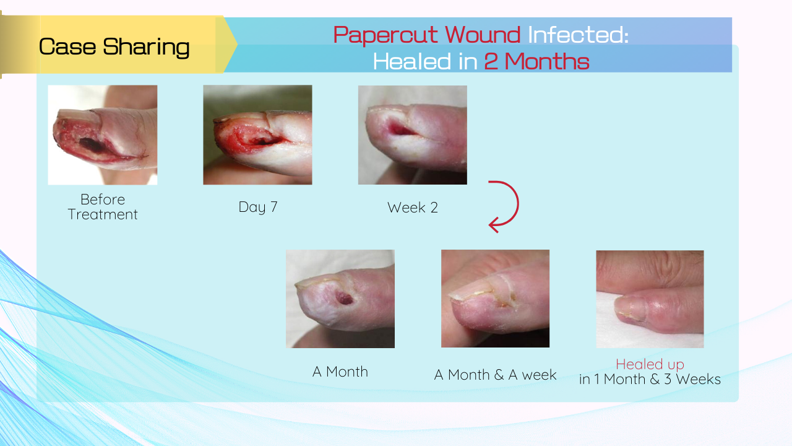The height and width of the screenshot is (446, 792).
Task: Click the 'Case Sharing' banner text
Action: [x=114, y=46]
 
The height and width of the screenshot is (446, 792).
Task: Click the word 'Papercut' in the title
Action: [x=385, y=35]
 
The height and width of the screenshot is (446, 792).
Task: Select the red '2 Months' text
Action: [x=536, y=61]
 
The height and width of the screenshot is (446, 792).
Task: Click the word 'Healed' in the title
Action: [x=412, y=61]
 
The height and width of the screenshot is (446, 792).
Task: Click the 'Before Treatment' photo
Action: [x=103, y=135]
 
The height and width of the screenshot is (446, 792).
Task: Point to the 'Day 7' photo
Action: [x=257, y=135]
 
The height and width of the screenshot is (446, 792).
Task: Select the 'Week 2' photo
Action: [x=413, y=135]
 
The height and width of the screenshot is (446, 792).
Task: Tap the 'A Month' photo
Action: [x=340, y=299]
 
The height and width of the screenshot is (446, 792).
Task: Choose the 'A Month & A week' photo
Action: [x=495, y=299]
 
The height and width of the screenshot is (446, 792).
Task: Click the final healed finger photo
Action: [x=650, y=299]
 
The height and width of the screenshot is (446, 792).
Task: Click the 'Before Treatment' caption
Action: [x=103, y=207]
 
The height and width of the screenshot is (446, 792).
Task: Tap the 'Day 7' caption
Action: [x=258, y=207]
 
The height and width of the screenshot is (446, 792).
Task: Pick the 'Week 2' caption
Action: [x=413, y=208]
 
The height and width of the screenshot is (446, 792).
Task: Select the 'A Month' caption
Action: [x=340, y=372]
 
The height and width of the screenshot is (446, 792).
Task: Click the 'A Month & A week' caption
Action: [x=495, y=375]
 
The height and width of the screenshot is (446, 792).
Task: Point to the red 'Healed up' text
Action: [x=650, y=364]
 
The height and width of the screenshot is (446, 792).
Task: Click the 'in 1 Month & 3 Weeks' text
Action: [x=650, y=379]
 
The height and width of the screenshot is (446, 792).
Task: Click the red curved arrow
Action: [x=518, y=204]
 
